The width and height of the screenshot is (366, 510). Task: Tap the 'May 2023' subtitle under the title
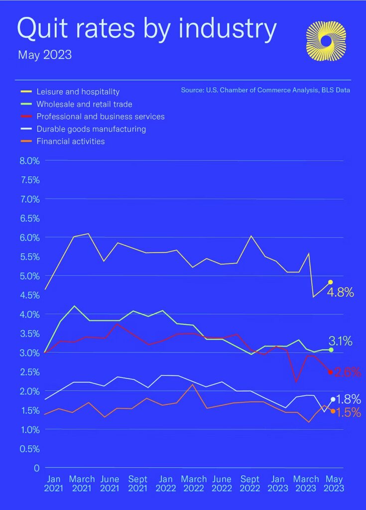coord(45,55)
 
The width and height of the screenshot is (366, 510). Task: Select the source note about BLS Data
coord(265,91)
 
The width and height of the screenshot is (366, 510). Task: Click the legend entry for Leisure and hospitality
coord(78,92)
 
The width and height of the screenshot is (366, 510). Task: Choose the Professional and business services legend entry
coord(100,117)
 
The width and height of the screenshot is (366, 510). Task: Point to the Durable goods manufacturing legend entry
coord(91,129)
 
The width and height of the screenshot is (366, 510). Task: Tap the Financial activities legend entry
coord(70,141)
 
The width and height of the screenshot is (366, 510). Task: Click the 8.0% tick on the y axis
coord(29,161)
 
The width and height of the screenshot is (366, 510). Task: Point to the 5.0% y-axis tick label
coord(29,276)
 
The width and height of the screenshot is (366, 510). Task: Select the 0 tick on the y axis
coord(36,468)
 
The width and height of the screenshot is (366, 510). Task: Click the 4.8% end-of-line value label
coord(340,292)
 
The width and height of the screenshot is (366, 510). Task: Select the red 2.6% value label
coord(347,372)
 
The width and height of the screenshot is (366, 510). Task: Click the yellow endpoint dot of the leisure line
coord(330,282)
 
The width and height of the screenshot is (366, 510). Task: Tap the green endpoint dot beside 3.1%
coord(331,350)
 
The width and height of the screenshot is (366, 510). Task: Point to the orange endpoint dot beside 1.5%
coord(333,411)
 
